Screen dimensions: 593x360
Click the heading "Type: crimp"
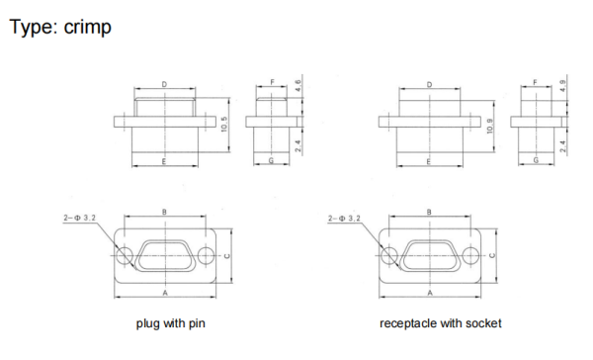click(60, 28)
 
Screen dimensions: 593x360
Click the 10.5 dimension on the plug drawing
click(224, 125)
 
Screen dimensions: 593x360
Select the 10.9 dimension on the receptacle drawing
click(490, 126)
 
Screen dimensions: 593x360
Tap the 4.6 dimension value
click(298, 86)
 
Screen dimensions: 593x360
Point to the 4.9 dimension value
click(563, 86)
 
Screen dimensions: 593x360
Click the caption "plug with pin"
click(171, 323)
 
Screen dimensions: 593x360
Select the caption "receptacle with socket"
click(441, 323)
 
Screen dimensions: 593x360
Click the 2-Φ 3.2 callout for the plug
click(80, 218)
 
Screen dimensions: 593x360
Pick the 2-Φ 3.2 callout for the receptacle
click(345, 218)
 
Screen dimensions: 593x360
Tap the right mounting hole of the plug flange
click(206, 256)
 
